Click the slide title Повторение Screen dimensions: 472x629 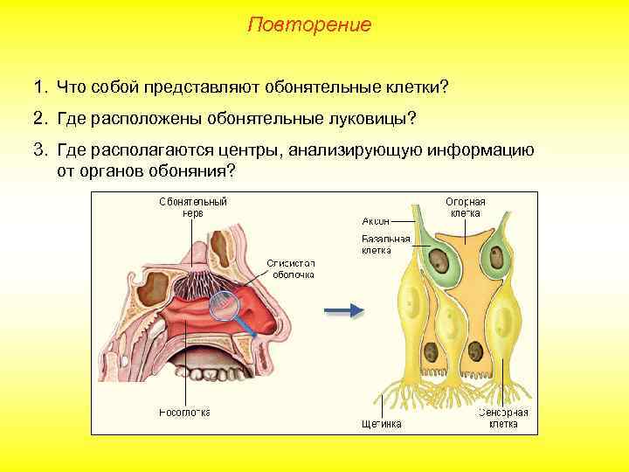309,24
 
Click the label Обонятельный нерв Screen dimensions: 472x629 193,206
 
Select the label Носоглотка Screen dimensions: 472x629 184,412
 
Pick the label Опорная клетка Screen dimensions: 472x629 465,207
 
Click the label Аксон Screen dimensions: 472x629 375,220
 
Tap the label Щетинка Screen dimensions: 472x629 381,424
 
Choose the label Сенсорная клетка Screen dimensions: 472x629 502,418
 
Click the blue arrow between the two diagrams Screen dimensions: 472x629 343,309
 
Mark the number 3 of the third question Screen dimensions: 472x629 38,149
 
